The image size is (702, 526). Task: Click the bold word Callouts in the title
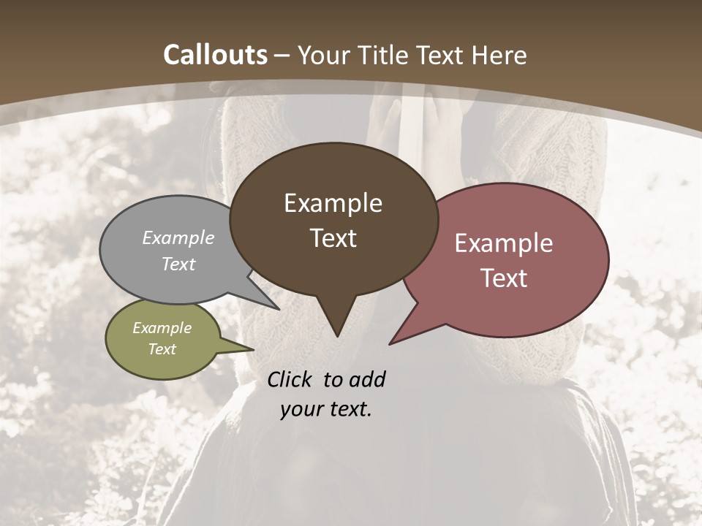coord(215,55)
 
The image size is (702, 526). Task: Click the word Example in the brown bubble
coord(333,203)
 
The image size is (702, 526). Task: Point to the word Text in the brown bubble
coord(333,238)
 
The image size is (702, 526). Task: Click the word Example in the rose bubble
coord(504,243)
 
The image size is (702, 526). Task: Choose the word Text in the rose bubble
coord(504,278)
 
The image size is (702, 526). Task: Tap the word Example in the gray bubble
coord(178,238)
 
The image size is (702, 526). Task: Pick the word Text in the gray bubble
coord(178,264)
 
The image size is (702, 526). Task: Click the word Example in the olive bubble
coord(162,328)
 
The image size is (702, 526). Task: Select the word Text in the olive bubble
coord(162,349)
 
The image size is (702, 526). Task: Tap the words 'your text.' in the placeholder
coord(326,410)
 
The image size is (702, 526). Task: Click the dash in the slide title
coord(282,56)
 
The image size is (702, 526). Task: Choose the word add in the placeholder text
coord(367,380)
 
